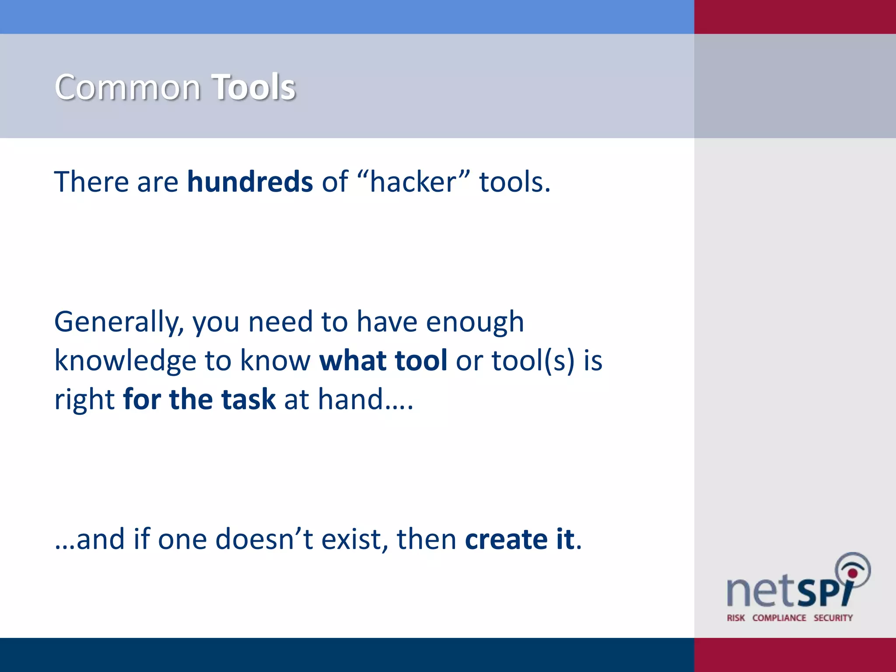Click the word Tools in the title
[x=254, y=87]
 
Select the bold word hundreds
[x=250, y=182]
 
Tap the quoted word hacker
[x=413, y=182]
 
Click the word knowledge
[x=125, y=361]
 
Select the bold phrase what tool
[x=383, y=361]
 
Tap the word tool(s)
[x=532, y=361]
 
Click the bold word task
[x=248, y=399]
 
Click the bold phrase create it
[x=519, y=539]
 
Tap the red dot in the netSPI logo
[x=852, y=573]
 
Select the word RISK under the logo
[x=736, y=618]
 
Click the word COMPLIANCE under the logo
[x=779, y=618]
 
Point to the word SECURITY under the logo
[x=833, y=618]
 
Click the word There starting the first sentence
[x=91, y=182]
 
